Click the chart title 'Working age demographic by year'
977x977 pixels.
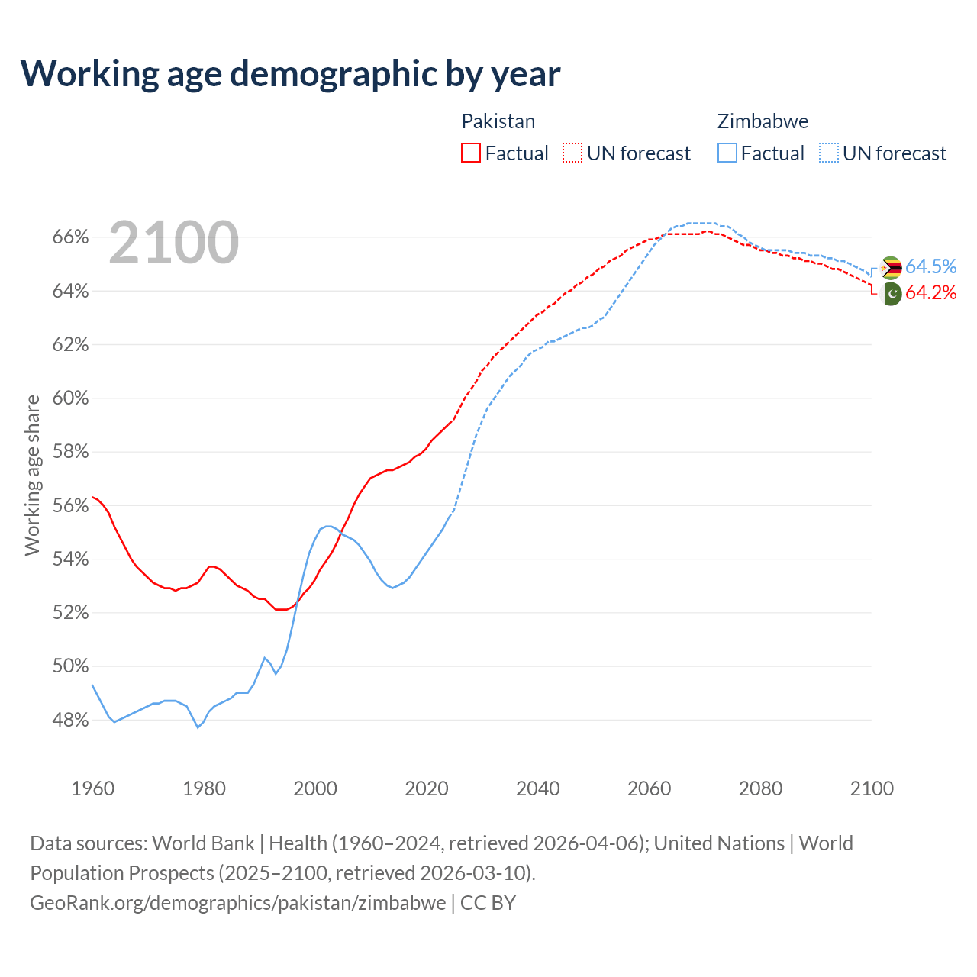(290, 74)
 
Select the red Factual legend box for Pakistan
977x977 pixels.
(471, 153)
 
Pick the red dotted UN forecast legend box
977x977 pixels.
(572, 153)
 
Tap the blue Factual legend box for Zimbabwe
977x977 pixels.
(727, 153)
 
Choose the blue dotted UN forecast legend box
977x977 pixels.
(829, 153)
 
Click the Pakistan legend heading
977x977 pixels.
(498, 121)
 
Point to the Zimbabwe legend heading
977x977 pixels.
(763, 121)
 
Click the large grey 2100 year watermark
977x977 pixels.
(174, 243)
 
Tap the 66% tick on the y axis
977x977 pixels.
(71, 237)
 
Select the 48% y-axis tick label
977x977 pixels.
(71, 721)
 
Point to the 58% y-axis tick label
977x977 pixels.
(71, 452)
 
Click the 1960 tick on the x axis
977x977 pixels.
(92, 788)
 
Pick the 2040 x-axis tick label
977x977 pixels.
(537, 788)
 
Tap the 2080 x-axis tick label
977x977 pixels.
(760, 788)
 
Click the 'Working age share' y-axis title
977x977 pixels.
(32, 475)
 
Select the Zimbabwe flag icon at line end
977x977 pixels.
(891, 268)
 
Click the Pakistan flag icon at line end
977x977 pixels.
(891, 293)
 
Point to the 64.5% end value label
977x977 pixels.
(930, 266)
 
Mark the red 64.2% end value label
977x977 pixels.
(930, 293)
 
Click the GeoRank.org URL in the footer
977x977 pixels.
(238, 903)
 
